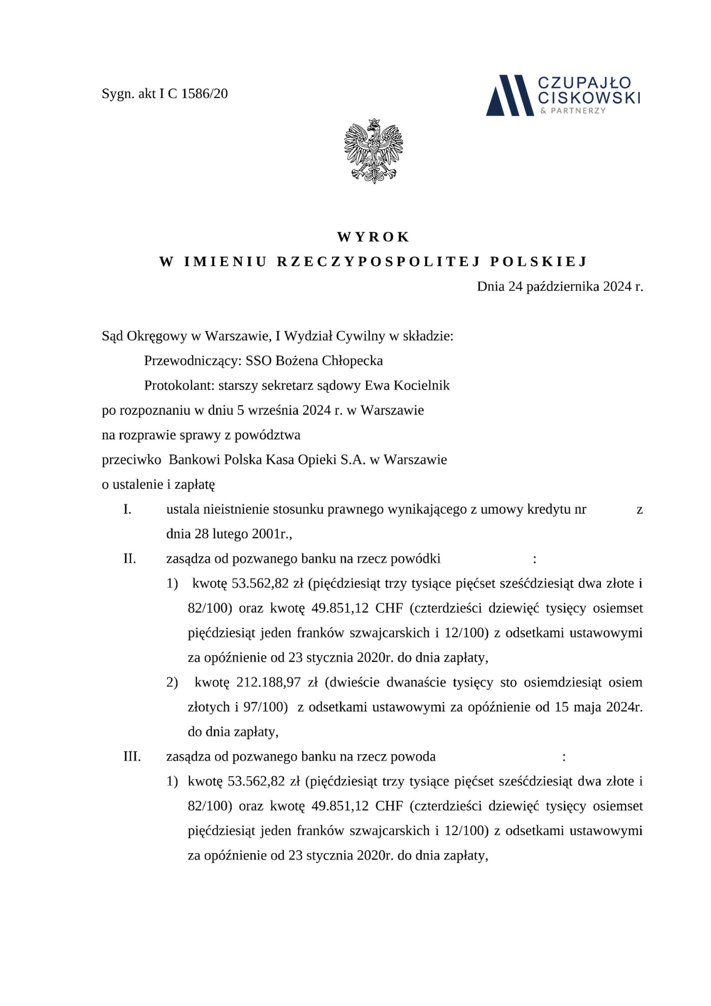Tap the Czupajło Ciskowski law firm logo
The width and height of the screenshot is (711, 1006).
click(563, 95)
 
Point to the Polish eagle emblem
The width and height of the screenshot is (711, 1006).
click(374, 151)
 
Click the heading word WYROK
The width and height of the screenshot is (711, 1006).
click(373, 237)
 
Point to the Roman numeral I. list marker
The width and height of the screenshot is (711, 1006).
click(127, 509)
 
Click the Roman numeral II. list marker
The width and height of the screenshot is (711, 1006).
click(129, 559)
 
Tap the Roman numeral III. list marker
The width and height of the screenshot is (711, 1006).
click(132, 756)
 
